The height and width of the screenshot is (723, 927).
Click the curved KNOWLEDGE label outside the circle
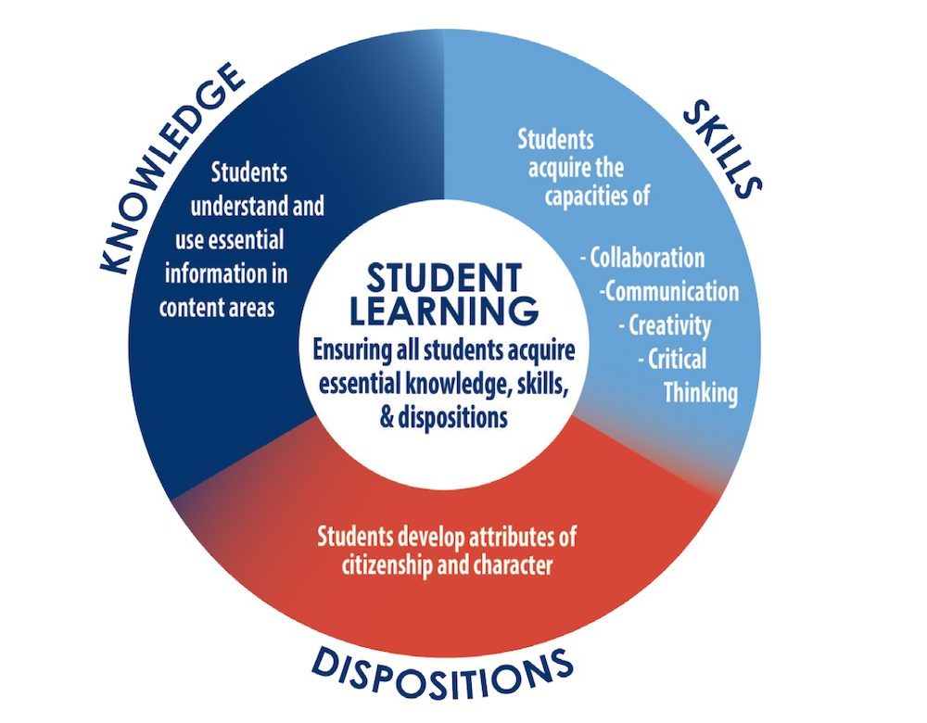170,168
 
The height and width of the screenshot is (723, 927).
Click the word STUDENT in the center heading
444,278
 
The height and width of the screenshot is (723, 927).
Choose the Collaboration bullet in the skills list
642,258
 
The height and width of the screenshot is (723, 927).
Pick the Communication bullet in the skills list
669,291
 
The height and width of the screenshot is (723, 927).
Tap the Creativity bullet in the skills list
665,325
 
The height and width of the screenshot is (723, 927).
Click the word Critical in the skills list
677,359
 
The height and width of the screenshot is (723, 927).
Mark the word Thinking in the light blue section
701,393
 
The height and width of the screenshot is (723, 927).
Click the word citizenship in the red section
387,564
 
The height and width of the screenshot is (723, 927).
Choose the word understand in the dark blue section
235,207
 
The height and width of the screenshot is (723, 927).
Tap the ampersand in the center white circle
387,417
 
